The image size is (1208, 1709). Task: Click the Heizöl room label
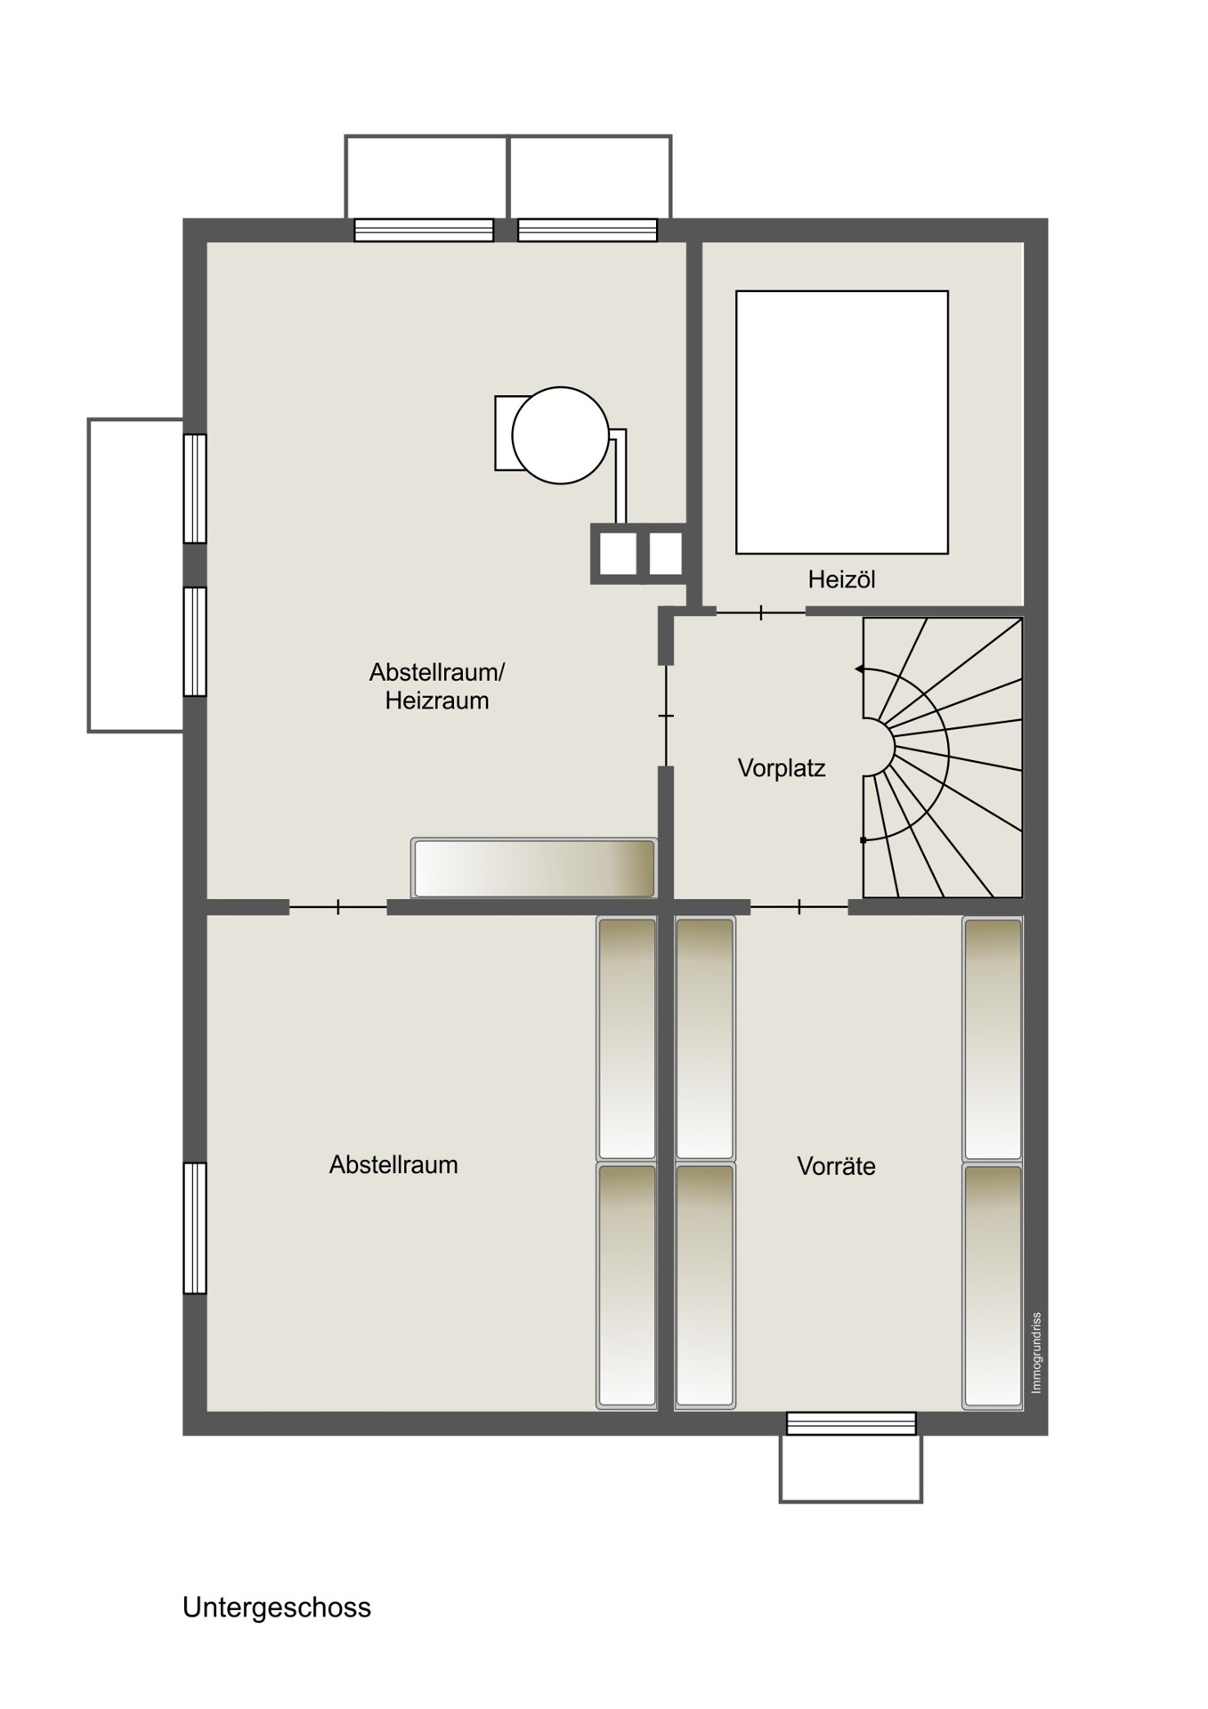pos(841,579)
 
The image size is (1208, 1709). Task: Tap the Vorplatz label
pos(782,767)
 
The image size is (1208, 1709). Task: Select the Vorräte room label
pos(836,1166)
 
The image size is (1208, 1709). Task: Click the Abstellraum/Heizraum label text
pos(437,685)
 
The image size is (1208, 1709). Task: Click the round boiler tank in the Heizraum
pos(561,435)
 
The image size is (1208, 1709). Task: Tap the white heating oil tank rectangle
pos(842,422)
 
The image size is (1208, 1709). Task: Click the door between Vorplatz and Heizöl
pos(761,612)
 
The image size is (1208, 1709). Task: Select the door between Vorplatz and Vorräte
pos(799,907)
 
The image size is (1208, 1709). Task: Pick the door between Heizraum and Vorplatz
pos(666,716)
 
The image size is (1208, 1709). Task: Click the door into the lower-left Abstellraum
pos(338,907)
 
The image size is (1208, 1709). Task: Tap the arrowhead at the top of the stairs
pos(859,668)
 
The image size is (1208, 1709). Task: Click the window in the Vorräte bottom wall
pos(851,1423)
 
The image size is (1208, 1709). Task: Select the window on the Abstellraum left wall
pos(195,1227)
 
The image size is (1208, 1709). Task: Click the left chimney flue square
pos(617,554)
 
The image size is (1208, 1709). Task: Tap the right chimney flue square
pos(665,554)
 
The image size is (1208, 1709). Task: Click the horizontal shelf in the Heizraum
pos(533,868)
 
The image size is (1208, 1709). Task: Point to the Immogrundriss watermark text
pos(1035,1353)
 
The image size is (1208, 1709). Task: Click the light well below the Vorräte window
pos(851,1469)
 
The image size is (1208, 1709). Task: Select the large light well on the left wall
pos(136,575)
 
